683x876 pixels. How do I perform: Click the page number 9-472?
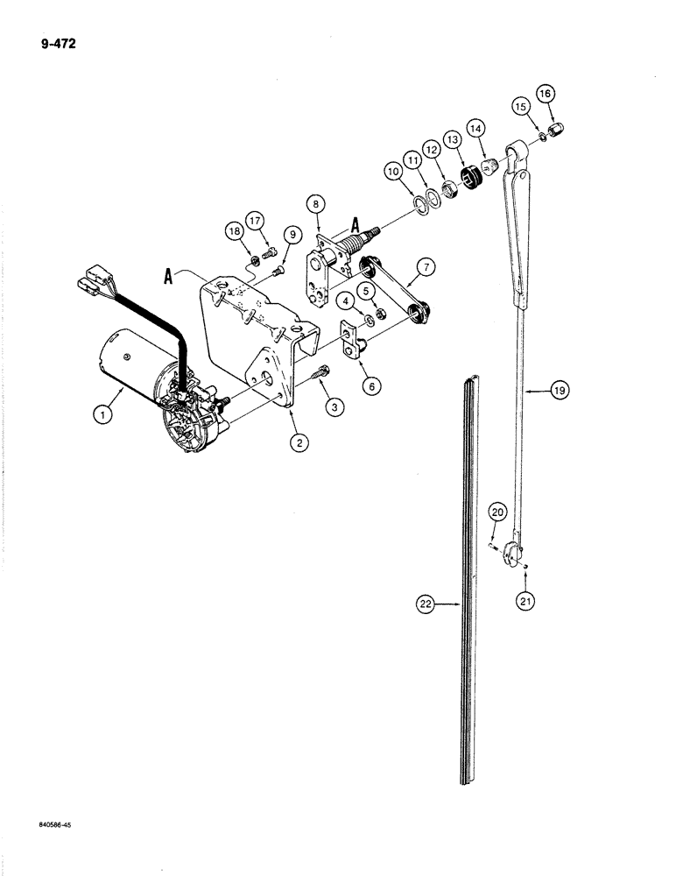[x=55, y=40]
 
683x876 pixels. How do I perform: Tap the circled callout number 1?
[x=104, y=416]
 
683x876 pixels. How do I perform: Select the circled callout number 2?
[x=300, y=443]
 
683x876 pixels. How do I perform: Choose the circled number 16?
[x=546, y=93]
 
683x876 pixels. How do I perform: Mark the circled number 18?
[x=234, y=231]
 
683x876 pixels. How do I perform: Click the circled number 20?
[x=496, y=512]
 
